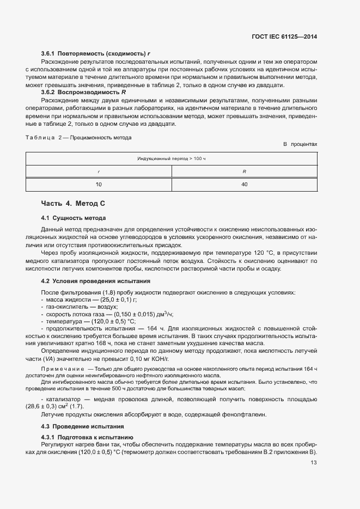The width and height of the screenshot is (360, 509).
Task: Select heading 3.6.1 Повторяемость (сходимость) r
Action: pos(95,54)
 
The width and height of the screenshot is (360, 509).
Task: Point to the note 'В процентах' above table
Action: pos(300,144)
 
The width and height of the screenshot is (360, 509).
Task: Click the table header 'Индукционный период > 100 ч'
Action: pos(171,158)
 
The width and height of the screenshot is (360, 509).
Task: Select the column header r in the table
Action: pos(99,171)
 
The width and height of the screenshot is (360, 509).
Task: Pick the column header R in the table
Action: pos(244,171)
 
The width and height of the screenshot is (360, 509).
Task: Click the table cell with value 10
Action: pos(99,185)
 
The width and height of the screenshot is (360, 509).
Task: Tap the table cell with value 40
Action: pos(244,185)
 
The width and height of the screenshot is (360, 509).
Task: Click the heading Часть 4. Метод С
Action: pos(73,204)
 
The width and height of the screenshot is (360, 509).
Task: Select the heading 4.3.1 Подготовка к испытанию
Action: pos(88,438)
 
